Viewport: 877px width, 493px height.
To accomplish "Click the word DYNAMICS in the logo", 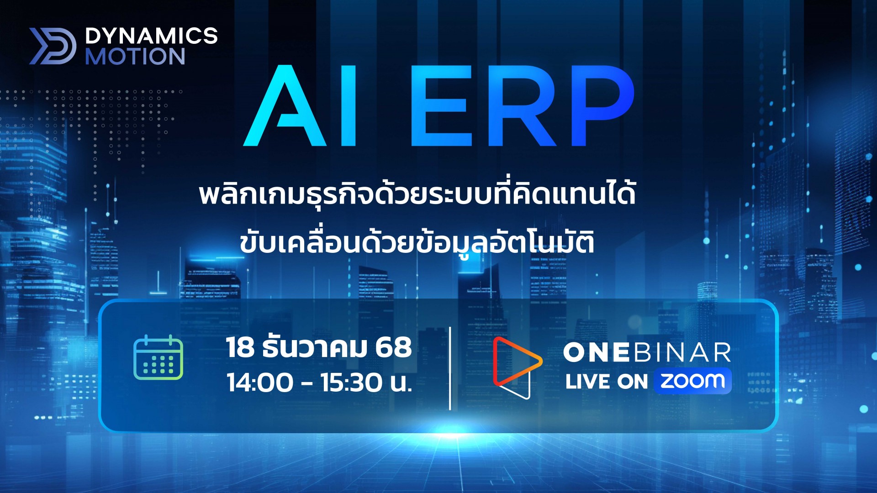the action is (x=151, y=36).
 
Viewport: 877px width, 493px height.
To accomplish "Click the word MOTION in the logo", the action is (x=135, y=57).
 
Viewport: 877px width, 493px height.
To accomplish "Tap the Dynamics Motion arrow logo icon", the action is (x=53, y=46).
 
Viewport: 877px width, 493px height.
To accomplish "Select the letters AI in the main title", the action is (x=300, y=106).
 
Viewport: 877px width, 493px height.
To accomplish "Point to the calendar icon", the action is (x=158, y=357).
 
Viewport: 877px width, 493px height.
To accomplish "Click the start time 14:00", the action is (x=259, y=383).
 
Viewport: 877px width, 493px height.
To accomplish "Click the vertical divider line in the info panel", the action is (x=450, y=368).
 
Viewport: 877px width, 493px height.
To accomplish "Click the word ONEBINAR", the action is (x=647, y=353).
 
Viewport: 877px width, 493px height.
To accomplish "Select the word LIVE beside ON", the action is (x=587, y=382).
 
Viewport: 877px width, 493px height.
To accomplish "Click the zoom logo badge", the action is (x=692, y=381).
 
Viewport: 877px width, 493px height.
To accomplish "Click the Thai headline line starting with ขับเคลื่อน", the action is (x=417, y=242).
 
